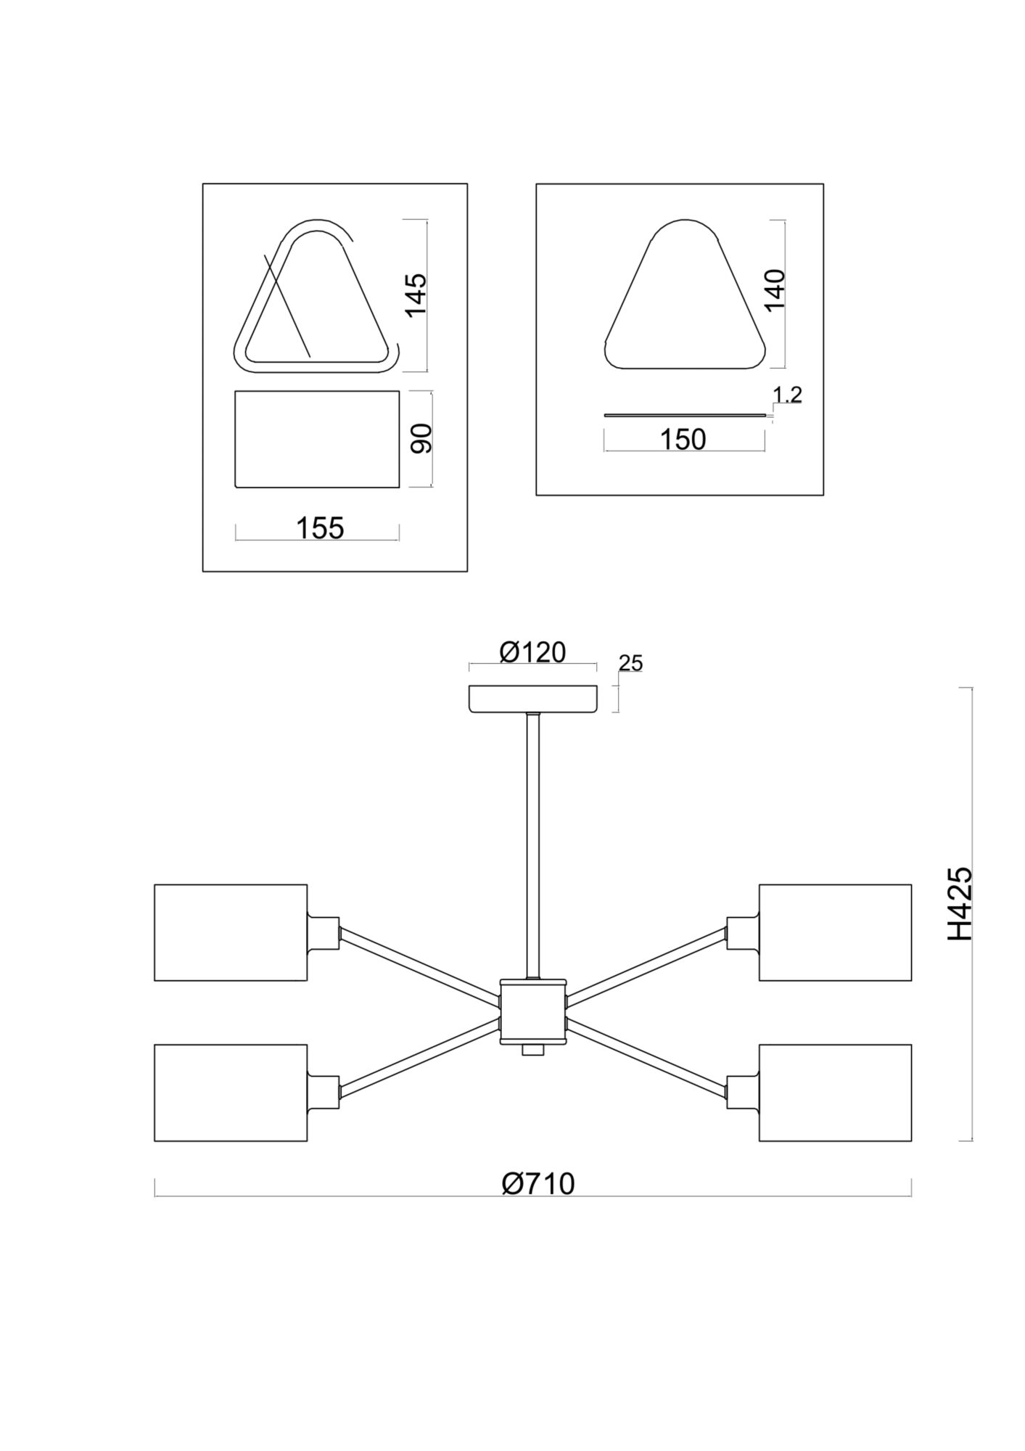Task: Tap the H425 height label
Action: (960, 904)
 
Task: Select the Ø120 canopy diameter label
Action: (532, 652)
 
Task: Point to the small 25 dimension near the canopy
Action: (631, 663)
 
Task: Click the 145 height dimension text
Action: (416, 295)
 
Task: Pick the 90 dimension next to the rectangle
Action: (421, 438)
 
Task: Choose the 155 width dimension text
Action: (319, 528)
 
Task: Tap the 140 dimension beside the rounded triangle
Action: (775, 289)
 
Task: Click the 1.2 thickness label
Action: (787, 395)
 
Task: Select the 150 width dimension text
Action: (683, 440)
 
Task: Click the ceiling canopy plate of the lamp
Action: (532, 699)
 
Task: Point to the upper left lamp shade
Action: (231, 932)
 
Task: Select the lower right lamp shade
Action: (835, 1093)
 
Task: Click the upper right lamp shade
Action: (835, 932)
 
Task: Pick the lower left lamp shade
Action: (231, 1093)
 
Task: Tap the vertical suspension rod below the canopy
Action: (533, 845)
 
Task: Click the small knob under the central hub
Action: (533, 1051)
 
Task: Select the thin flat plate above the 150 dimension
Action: (684, 416)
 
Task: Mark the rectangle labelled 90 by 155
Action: (317, 439)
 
